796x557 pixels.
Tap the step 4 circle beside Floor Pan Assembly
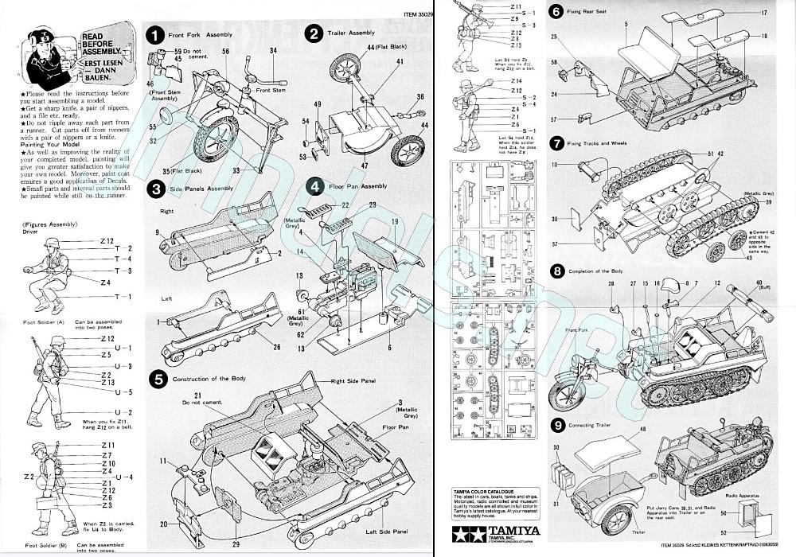click(x=316, y=187)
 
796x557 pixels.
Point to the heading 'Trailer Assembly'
click(x=350, y=33)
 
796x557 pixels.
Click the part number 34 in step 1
click(x=274, y=50)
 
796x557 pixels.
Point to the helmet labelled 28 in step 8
click(x=611, y=306)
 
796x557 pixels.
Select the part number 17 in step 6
click(x=763, y=14)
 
